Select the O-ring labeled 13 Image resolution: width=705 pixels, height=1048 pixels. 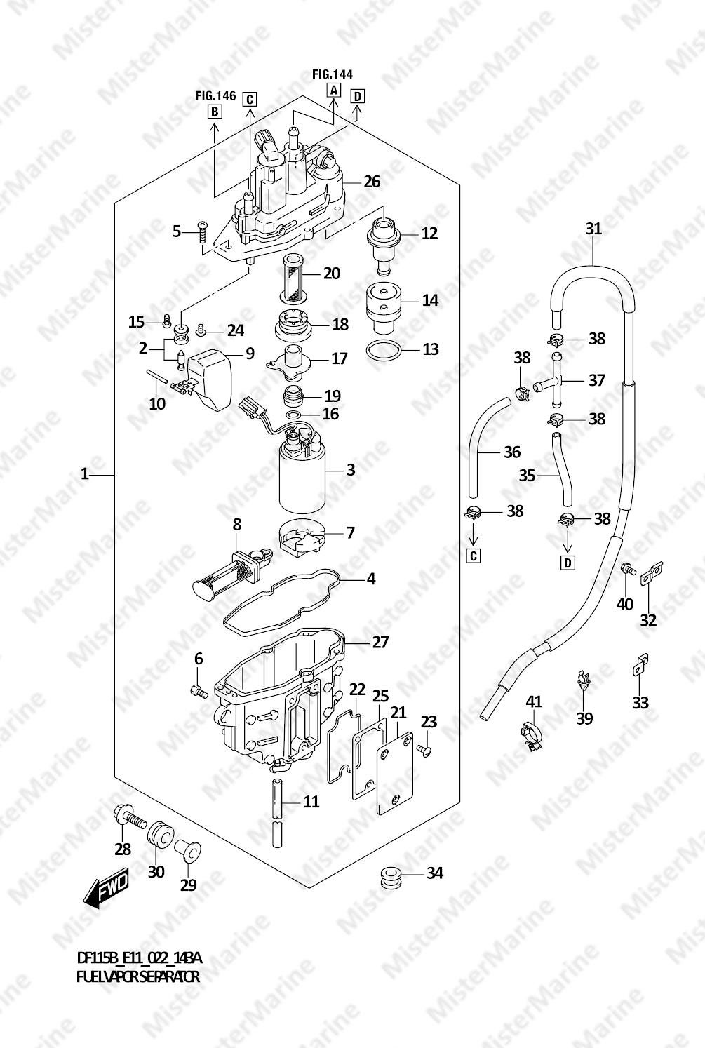(384, 350)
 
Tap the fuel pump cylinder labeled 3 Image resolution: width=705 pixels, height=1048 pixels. (302, 473)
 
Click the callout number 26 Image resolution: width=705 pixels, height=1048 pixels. (372, 182)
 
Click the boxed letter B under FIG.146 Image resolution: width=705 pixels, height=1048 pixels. (215, 112)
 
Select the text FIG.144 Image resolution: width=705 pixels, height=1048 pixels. (333, 74)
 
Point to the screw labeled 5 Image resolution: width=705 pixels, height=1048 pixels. (202, 231)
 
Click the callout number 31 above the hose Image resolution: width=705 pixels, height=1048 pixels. (593, 229)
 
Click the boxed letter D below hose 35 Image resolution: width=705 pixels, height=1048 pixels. (568, 563)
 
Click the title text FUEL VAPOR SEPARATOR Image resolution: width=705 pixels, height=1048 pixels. (138, 976)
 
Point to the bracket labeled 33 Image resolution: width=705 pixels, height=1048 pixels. (638, 666)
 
